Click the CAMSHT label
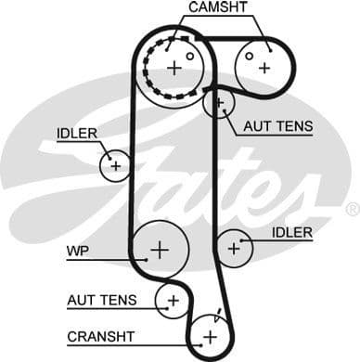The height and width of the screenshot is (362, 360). click(x=217, y=8)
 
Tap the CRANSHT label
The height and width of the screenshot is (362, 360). click(x=100, y=335)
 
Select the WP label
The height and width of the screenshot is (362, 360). click(x=75, y=251)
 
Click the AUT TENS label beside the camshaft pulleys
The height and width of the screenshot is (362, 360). click(x=278, y=126)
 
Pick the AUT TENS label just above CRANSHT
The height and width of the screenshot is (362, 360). click(x=101, y=300)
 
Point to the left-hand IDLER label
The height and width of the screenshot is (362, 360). click(x=76, y=134)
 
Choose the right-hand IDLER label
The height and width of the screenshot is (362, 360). click(x=292, y=232)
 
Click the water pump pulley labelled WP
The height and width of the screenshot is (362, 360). click(x=160, y=249)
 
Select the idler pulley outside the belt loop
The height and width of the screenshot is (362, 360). click(x=115, y=165)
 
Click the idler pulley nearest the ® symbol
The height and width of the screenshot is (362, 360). click(x=234, y=248)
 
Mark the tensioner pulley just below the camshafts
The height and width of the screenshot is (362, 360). click(x=220, y=103)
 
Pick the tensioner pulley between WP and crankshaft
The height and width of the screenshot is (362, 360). click(x=173, y=299)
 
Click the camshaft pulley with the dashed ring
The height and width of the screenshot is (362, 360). click(x=175, y=66)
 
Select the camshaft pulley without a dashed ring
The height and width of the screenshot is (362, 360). click(x=264, y=66)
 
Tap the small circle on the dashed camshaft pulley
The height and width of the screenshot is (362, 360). click(x=190, y=56)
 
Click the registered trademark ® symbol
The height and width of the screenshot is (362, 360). click(x=352, y=211)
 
